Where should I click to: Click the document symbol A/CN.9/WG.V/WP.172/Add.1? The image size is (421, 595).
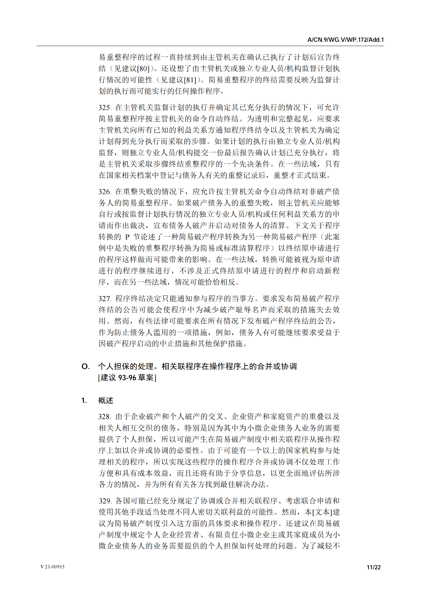point(345,40)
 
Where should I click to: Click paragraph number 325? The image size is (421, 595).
point(104,108)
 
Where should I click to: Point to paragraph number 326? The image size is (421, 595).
point(104,192)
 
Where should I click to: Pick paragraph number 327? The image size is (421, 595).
point(104,299)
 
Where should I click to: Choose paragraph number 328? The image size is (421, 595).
point(104,417)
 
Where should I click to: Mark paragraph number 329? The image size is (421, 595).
point(105,501)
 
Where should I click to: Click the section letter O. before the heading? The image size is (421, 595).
point(85,367)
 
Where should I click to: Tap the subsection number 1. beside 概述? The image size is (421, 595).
point(84,401)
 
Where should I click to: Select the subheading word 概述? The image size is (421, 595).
point(106,401)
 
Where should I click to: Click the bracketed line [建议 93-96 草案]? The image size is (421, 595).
point(127,378)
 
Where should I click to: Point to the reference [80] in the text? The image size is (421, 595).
point(143,69)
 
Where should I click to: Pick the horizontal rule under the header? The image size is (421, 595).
point(210,46)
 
